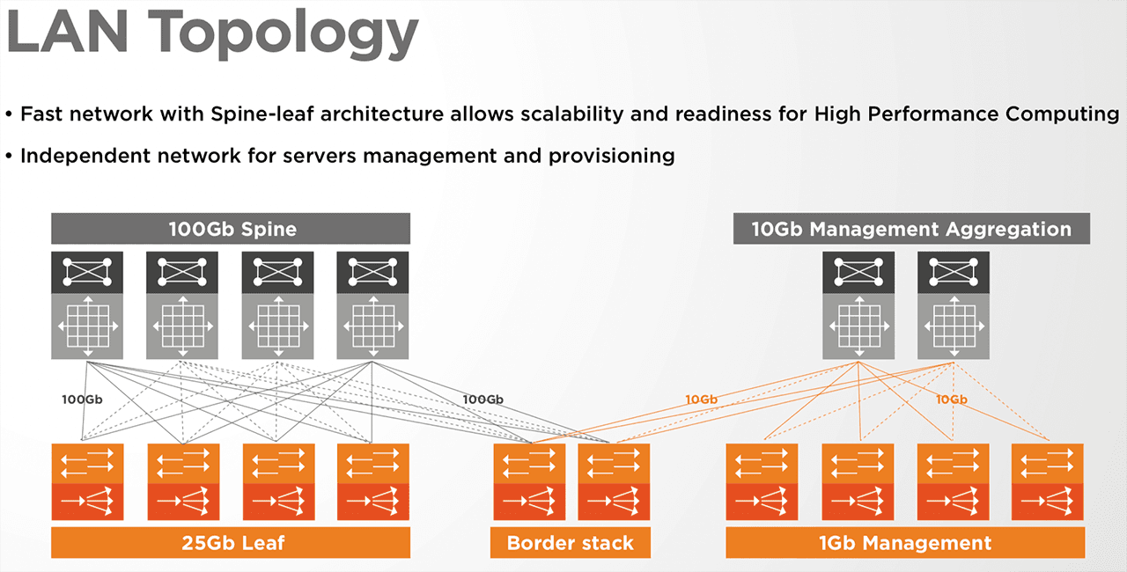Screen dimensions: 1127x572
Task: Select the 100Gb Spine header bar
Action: click(x=231, y=229)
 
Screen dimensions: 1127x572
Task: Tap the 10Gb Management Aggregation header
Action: click(x=911, y=229)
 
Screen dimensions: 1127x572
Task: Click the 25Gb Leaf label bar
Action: click(x=231, y=542)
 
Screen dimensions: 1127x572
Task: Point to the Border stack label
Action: click(x=570, y=542)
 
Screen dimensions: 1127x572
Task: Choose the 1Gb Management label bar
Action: click(x=905, y=542)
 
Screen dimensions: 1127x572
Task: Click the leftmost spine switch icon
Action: click(x=87, y=305)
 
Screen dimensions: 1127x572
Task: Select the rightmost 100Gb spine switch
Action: click(x=372, y=305)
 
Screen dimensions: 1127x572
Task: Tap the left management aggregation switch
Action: click(x=858, y=305)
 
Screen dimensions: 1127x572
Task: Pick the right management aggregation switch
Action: click(x=954, y=305)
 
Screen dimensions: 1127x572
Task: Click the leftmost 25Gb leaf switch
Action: click(x=87, y=481)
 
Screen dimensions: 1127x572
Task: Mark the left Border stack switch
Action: click(x=529, y=481)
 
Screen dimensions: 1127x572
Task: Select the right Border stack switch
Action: click(x=614, y=481)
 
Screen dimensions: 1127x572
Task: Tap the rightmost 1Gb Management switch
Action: click(x=1048, y=481)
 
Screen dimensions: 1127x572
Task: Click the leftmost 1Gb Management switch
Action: click(x=762, y=481)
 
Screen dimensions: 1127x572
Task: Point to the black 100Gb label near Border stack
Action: click(x=483, y=400)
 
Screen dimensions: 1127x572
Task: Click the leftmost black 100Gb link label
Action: click(x=82, y=400)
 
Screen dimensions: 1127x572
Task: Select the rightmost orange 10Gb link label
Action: click(x=952, y=400)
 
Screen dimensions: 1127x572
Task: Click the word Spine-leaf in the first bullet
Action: click(x=262, y=114)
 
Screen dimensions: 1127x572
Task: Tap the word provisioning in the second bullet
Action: click(x=612, y=157)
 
